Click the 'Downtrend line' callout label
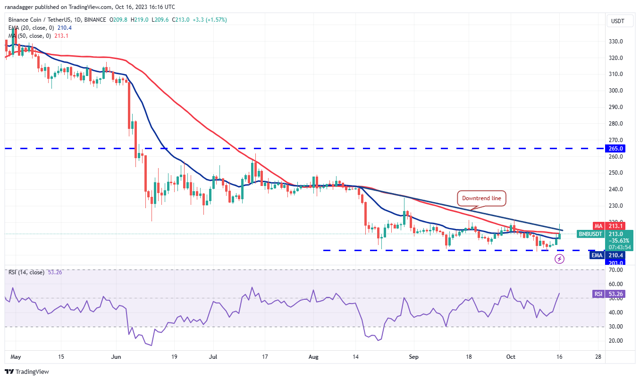481,198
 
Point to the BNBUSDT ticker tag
590,234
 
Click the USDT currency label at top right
618,21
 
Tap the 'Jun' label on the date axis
116,358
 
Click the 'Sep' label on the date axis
414,358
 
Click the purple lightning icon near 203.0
559,259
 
